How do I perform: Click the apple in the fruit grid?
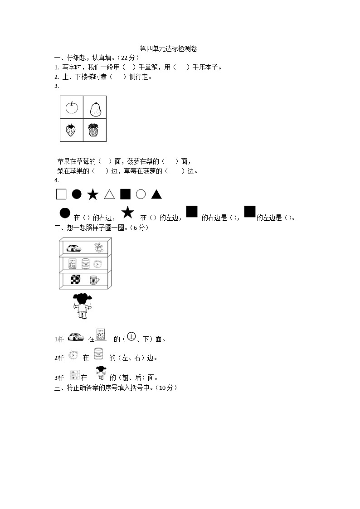click(72, 107)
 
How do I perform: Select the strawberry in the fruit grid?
click(71, 130)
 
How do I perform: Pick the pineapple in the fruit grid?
click(93, 130)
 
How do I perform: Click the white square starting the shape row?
click(61, 194)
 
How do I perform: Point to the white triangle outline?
click(109, 194)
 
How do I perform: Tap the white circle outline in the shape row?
click(141, 194)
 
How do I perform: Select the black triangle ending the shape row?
click(156, 194)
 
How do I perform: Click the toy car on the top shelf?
click(74, 248)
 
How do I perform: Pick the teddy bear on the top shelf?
click(98, 247)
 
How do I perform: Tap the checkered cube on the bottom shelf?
click(75, 280)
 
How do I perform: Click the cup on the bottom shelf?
click(94, 280)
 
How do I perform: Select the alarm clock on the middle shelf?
click(98, 264)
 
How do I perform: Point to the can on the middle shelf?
click(86, 263)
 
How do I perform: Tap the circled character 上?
click(131, 337)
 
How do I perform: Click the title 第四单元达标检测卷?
click(168, 48)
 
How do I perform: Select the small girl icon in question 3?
click(101, 373)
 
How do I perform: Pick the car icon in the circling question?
click(76, 337)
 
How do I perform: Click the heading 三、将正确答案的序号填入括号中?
click(115, 388)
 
